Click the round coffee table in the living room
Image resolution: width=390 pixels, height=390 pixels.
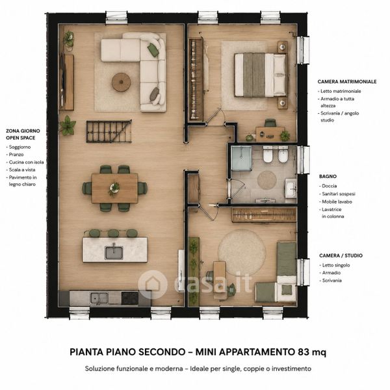click(x=121, y=82)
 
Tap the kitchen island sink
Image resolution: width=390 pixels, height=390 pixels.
click(x=114, y=252)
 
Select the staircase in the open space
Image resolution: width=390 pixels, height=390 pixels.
click(x=109, y=131)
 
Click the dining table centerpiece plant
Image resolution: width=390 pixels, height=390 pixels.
click(x=114, y=188)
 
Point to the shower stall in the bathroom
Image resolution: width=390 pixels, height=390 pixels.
click(x=241, y=158)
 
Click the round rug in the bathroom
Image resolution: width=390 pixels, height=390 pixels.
click(x=267, y=179)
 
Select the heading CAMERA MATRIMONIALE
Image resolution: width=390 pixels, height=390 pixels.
click(x=347, y=82)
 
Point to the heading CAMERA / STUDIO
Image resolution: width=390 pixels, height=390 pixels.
click(x=341, y=255)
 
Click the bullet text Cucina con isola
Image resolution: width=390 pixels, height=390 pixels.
click(x=27, y=162)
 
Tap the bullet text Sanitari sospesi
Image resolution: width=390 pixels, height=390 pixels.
click(x=339, y=194)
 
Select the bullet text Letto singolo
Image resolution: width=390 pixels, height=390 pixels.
click(x=336, y=265)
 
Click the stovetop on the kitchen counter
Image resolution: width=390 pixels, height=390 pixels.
click(x=129, y=298)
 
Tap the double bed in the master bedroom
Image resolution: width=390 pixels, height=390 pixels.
click(x=261, y=75)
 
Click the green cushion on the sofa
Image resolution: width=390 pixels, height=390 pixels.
click(x=153, y=50)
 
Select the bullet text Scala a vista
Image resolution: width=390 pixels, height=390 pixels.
click(x=22, y=170)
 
